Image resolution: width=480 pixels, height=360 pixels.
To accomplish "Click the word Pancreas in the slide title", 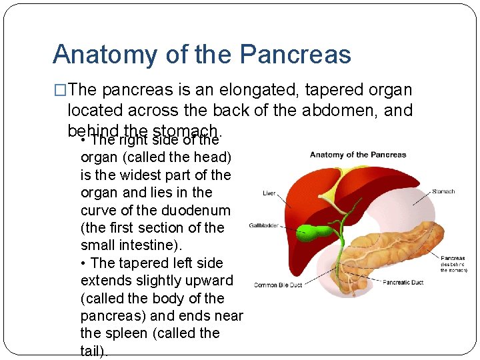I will (296, 54).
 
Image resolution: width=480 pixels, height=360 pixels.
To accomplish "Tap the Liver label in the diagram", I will (269, 193).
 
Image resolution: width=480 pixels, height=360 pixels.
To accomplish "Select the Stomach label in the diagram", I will (443, 191).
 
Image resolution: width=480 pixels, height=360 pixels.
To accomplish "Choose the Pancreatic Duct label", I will (403, 282).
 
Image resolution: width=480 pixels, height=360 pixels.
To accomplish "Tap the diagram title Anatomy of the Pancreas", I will (358, 155).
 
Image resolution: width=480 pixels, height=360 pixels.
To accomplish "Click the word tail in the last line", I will (92, 351).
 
